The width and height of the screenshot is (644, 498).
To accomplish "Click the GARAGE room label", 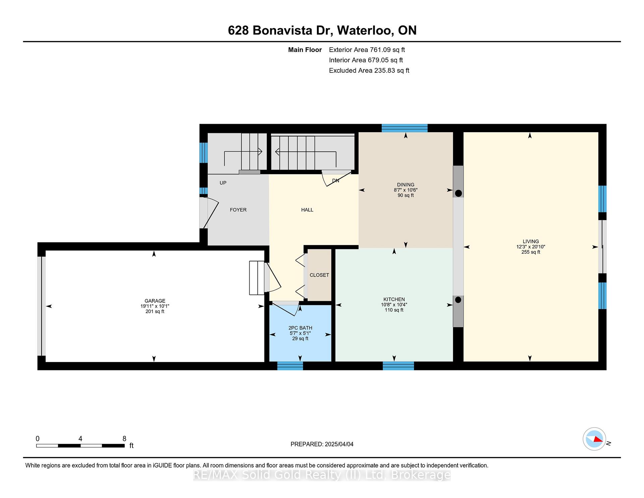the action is point(155,301).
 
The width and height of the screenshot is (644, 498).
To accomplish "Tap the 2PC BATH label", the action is point(300,328).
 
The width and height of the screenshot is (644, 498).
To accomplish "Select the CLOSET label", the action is point(319,275).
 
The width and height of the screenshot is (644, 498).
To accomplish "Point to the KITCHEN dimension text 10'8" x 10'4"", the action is point(394,305).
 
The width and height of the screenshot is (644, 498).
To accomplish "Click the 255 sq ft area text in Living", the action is point(531,252).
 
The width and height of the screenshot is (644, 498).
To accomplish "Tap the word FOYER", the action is point(238,210).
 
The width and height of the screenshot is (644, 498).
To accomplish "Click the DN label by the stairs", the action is point(336,181).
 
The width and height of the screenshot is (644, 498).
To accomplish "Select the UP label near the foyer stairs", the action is point(223,183).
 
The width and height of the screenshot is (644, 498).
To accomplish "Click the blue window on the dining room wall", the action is point(405,128).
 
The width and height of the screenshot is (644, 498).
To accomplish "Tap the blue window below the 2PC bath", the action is point(290,366).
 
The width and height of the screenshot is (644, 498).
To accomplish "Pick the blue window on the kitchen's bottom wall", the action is point(398,366).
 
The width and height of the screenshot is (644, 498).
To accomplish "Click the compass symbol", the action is point(594,439).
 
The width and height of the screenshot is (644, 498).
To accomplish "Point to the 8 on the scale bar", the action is point(124,439).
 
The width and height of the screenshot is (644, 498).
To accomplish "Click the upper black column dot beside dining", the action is point(459,193).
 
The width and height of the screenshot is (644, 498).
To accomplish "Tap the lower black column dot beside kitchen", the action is point(459,300).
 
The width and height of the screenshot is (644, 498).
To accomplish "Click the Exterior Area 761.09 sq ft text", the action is point(367,50).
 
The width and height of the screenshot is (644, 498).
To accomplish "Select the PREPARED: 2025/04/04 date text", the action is point(322,444).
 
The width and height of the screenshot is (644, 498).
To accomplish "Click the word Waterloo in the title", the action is point(365,30).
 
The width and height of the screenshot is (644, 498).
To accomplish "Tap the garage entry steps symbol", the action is point(257,278).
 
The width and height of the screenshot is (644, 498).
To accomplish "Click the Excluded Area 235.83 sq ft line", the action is point(369,70).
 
